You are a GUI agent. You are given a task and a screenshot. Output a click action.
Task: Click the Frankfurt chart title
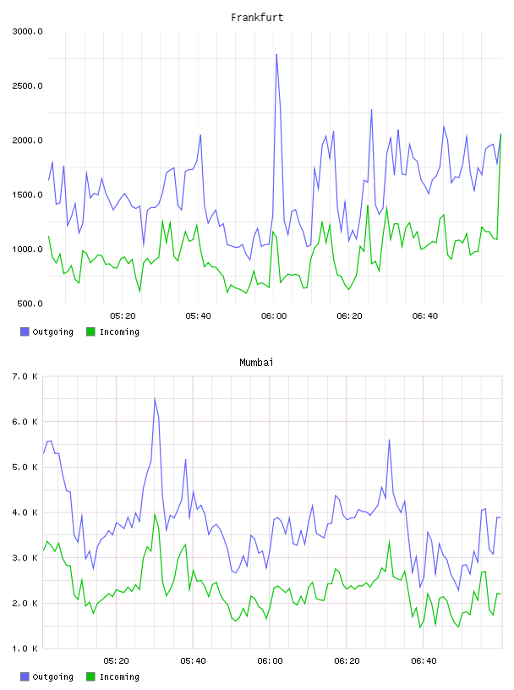click(257, 18)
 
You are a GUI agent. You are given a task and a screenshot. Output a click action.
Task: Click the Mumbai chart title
click(256, 363)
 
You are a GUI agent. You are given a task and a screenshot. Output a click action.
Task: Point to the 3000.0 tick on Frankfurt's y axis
click(27, 31)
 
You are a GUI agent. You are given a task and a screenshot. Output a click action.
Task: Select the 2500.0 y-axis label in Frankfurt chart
click(27, 85)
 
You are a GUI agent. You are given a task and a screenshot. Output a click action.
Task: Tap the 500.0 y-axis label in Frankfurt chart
click(30, 304)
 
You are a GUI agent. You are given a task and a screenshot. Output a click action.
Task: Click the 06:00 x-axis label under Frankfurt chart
click(274, 316)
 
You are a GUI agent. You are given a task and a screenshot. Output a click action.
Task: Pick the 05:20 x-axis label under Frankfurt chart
click(123, 316)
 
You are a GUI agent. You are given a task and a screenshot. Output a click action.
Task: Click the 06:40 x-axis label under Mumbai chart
click(424, 661)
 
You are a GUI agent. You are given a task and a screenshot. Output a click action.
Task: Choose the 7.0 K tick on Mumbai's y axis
click(25, 376)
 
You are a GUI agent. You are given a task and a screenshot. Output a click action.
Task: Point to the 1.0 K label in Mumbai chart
click(25, 649)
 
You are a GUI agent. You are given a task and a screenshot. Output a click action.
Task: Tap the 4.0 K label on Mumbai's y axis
click(25, 512)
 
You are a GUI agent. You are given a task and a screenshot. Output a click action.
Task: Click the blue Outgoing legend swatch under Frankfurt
click(25, 331)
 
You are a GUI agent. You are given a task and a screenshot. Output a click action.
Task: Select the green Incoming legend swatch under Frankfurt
click(90, 331)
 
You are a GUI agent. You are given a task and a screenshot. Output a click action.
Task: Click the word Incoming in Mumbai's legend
click(119, 676)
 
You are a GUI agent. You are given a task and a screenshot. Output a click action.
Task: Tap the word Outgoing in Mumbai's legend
click(52, 676)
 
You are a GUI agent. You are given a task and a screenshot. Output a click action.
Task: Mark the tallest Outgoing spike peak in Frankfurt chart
click(276, 55)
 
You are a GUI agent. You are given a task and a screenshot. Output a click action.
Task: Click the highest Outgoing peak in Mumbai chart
click(155, 398)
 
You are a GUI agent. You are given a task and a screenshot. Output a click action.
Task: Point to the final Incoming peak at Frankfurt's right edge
click(500, 134)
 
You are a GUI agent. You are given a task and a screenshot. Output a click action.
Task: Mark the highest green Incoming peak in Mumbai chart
click(155, 514)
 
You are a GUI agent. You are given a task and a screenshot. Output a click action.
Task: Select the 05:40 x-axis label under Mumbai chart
click(193, 661)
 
